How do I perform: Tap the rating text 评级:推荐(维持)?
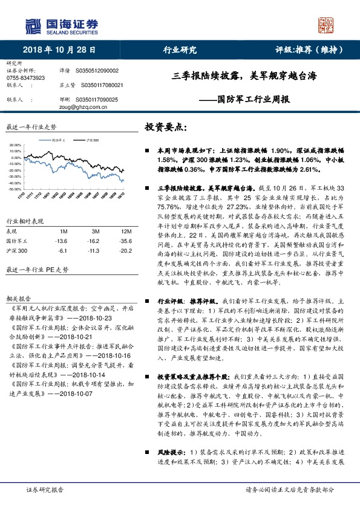click(x=311, y=50)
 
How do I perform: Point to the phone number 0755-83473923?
click(x=25, y=78)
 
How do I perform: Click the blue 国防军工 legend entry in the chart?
click(x=58, y=139)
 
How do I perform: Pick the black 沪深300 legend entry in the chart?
click(x=91, y=139)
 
